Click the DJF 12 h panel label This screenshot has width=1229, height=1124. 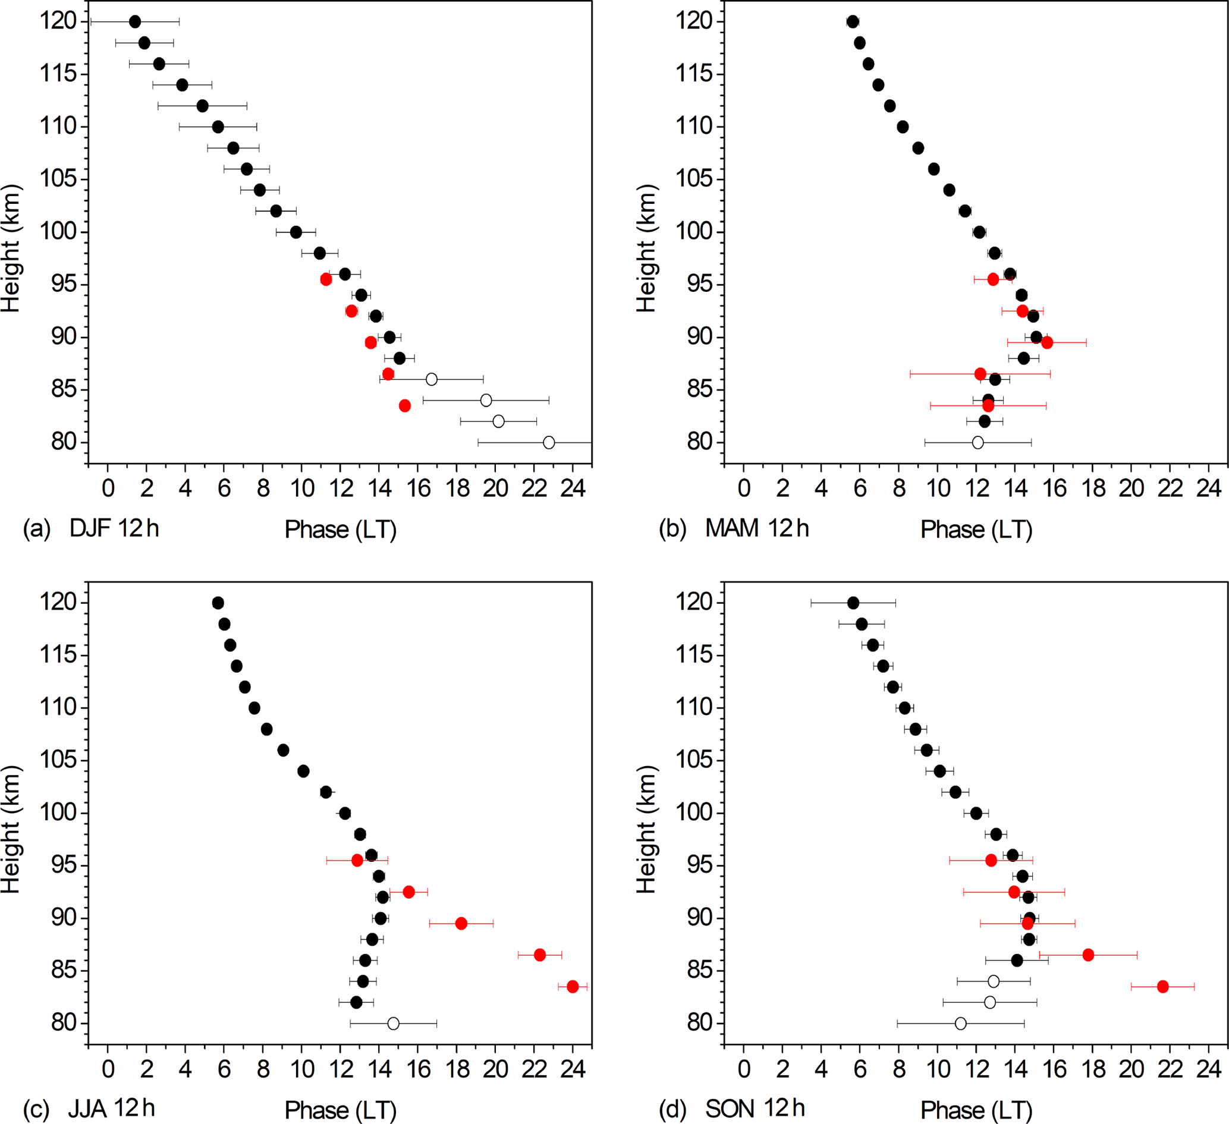114,528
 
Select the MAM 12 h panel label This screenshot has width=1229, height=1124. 756,528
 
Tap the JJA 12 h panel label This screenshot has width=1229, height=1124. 112,1108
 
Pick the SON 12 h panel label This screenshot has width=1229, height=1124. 755,1108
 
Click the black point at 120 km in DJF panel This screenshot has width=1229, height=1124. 135,22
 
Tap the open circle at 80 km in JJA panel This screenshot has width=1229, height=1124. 393,1024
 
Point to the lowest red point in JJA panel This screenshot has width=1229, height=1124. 573,986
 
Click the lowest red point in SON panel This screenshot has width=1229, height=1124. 1162,986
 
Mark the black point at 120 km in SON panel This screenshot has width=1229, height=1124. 853,603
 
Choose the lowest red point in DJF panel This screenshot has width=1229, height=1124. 404,406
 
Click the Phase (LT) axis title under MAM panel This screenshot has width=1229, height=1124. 976,530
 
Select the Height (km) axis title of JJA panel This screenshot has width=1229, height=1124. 11,829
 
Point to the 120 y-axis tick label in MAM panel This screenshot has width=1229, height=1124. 694,21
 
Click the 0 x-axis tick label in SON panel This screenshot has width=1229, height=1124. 744,1069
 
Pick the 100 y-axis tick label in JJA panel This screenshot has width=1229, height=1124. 58,813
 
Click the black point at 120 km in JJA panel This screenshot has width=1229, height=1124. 218,603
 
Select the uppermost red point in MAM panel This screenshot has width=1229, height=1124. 993,279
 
